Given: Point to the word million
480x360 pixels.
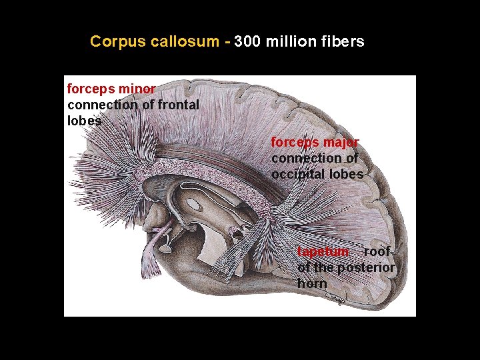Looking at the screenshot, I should tap(291, 41).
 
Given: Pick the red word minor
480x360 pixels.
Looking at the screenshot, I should tap(139, 89).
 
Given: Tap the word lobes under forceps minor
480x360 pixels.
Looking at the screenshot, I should tap(85, 121).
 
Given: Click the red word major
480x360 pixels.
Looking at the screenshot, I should tap(342, 142).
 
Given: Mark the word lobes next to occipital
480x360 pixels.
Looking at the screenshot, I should tap(346, 174).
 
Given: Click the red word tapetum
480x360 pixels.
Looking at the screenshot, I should tap(323, 251).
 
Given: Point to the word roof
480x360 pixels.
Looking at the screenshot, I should tap(377, 251).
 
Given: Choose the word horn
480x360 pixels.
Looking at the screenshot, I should tap(312, 283).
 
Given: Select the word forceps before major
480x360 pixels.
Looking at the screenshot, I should tap(296, 142).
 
